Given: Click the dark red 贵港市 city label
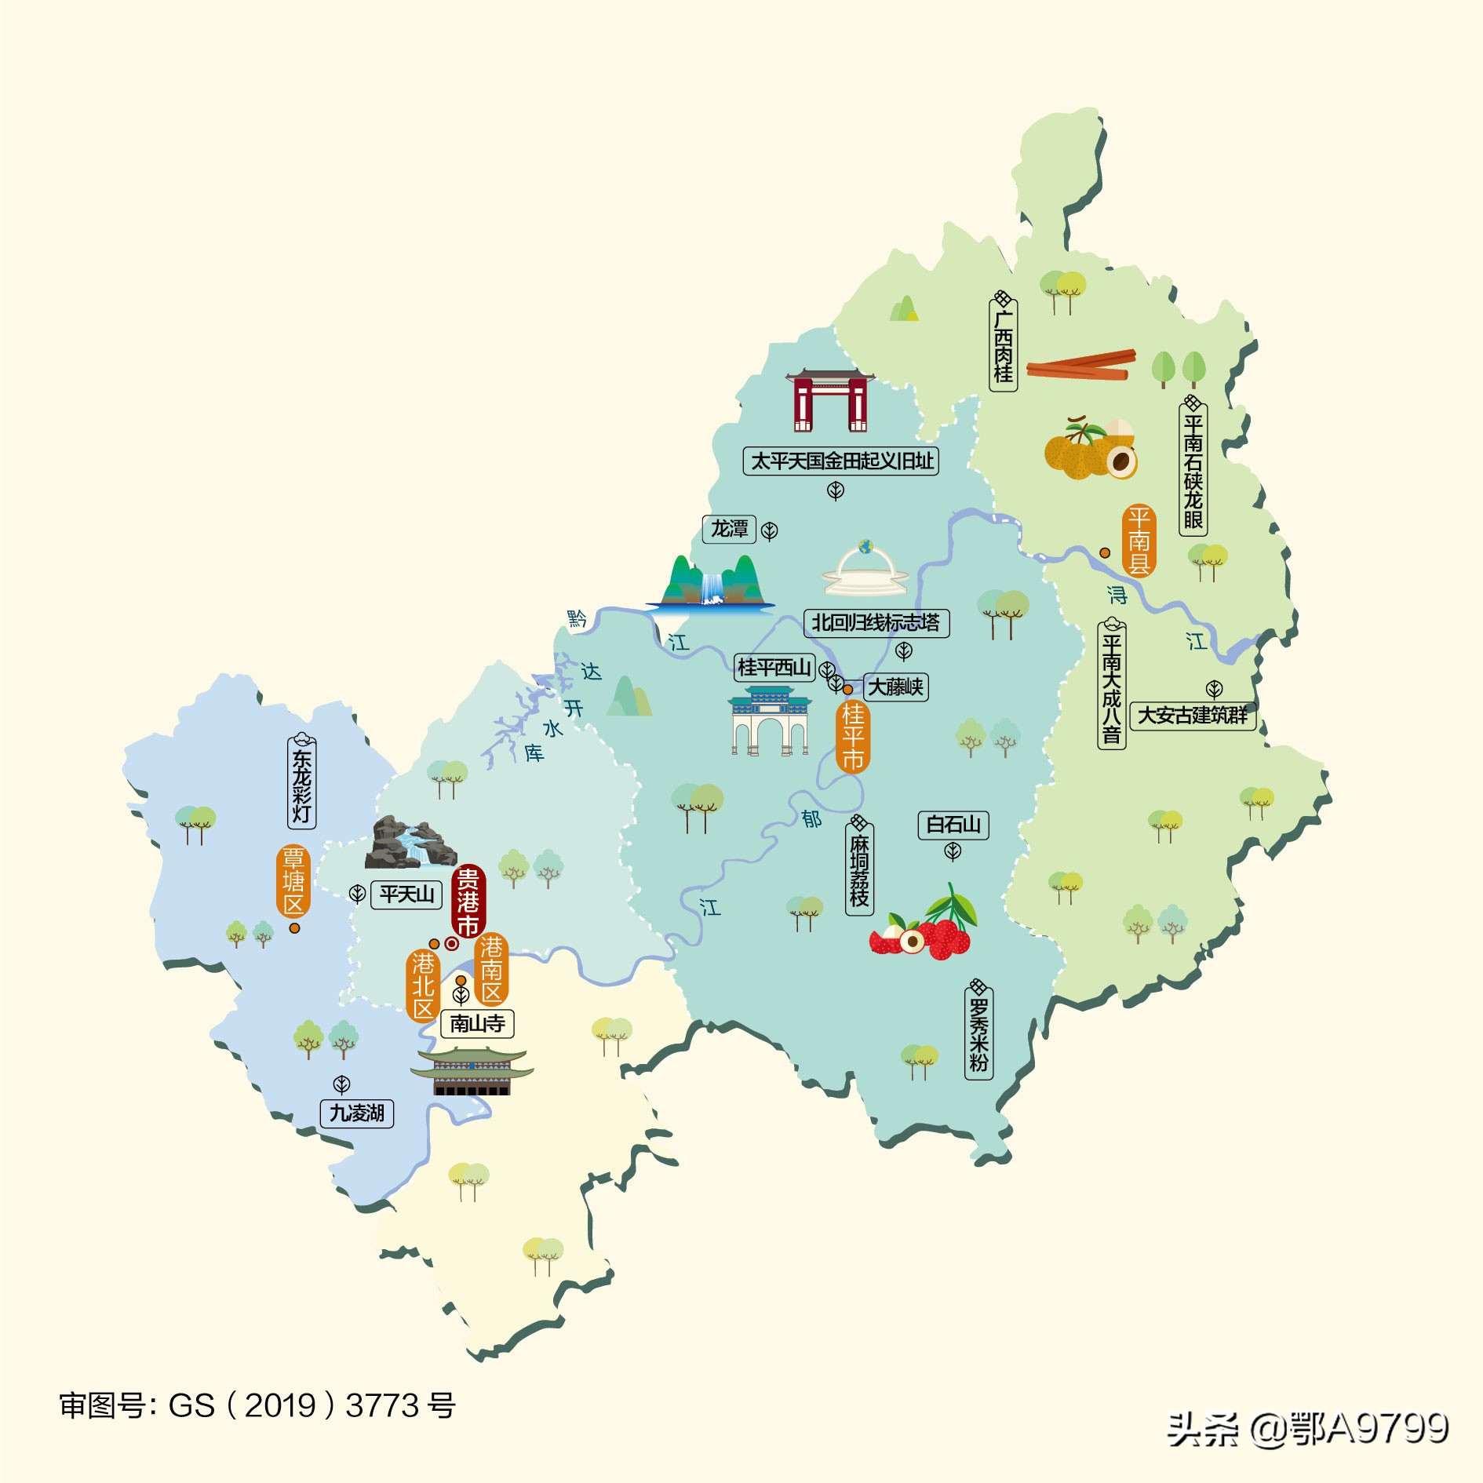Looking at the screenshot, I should pos(468,902).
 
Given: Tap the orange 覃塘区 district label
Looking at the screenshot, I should pos(293,881).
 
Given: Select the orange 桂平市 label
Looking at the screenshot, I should pos(853,737).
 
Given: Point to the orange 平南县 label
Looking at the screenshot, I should pos(1139,541).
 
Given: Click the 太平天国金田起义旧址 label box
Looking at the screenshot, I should pos(841,461).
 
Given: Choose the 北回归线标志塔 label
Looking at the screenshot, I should pos(876,623).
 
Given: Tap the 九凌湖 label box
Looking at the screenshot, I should pos(357,1113).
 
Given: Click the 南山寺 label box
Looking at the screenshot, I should pos(477,1023).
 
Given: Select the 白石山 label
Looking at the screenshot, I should pos(953,825).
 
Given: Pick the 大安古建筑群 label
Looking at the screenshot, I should pos(1193,716).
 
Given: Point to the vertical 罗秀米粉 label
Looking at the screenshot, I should pos(978,1031).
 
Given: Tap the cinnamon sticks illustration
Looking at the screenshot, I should pos(1080,365).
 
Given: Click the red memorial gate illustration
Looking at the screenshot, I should pos(830,400).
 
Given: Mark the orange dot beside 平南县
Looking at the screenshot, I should pos(1105,552).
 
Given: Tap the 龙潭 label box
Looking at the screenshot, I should pos(729,529).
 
